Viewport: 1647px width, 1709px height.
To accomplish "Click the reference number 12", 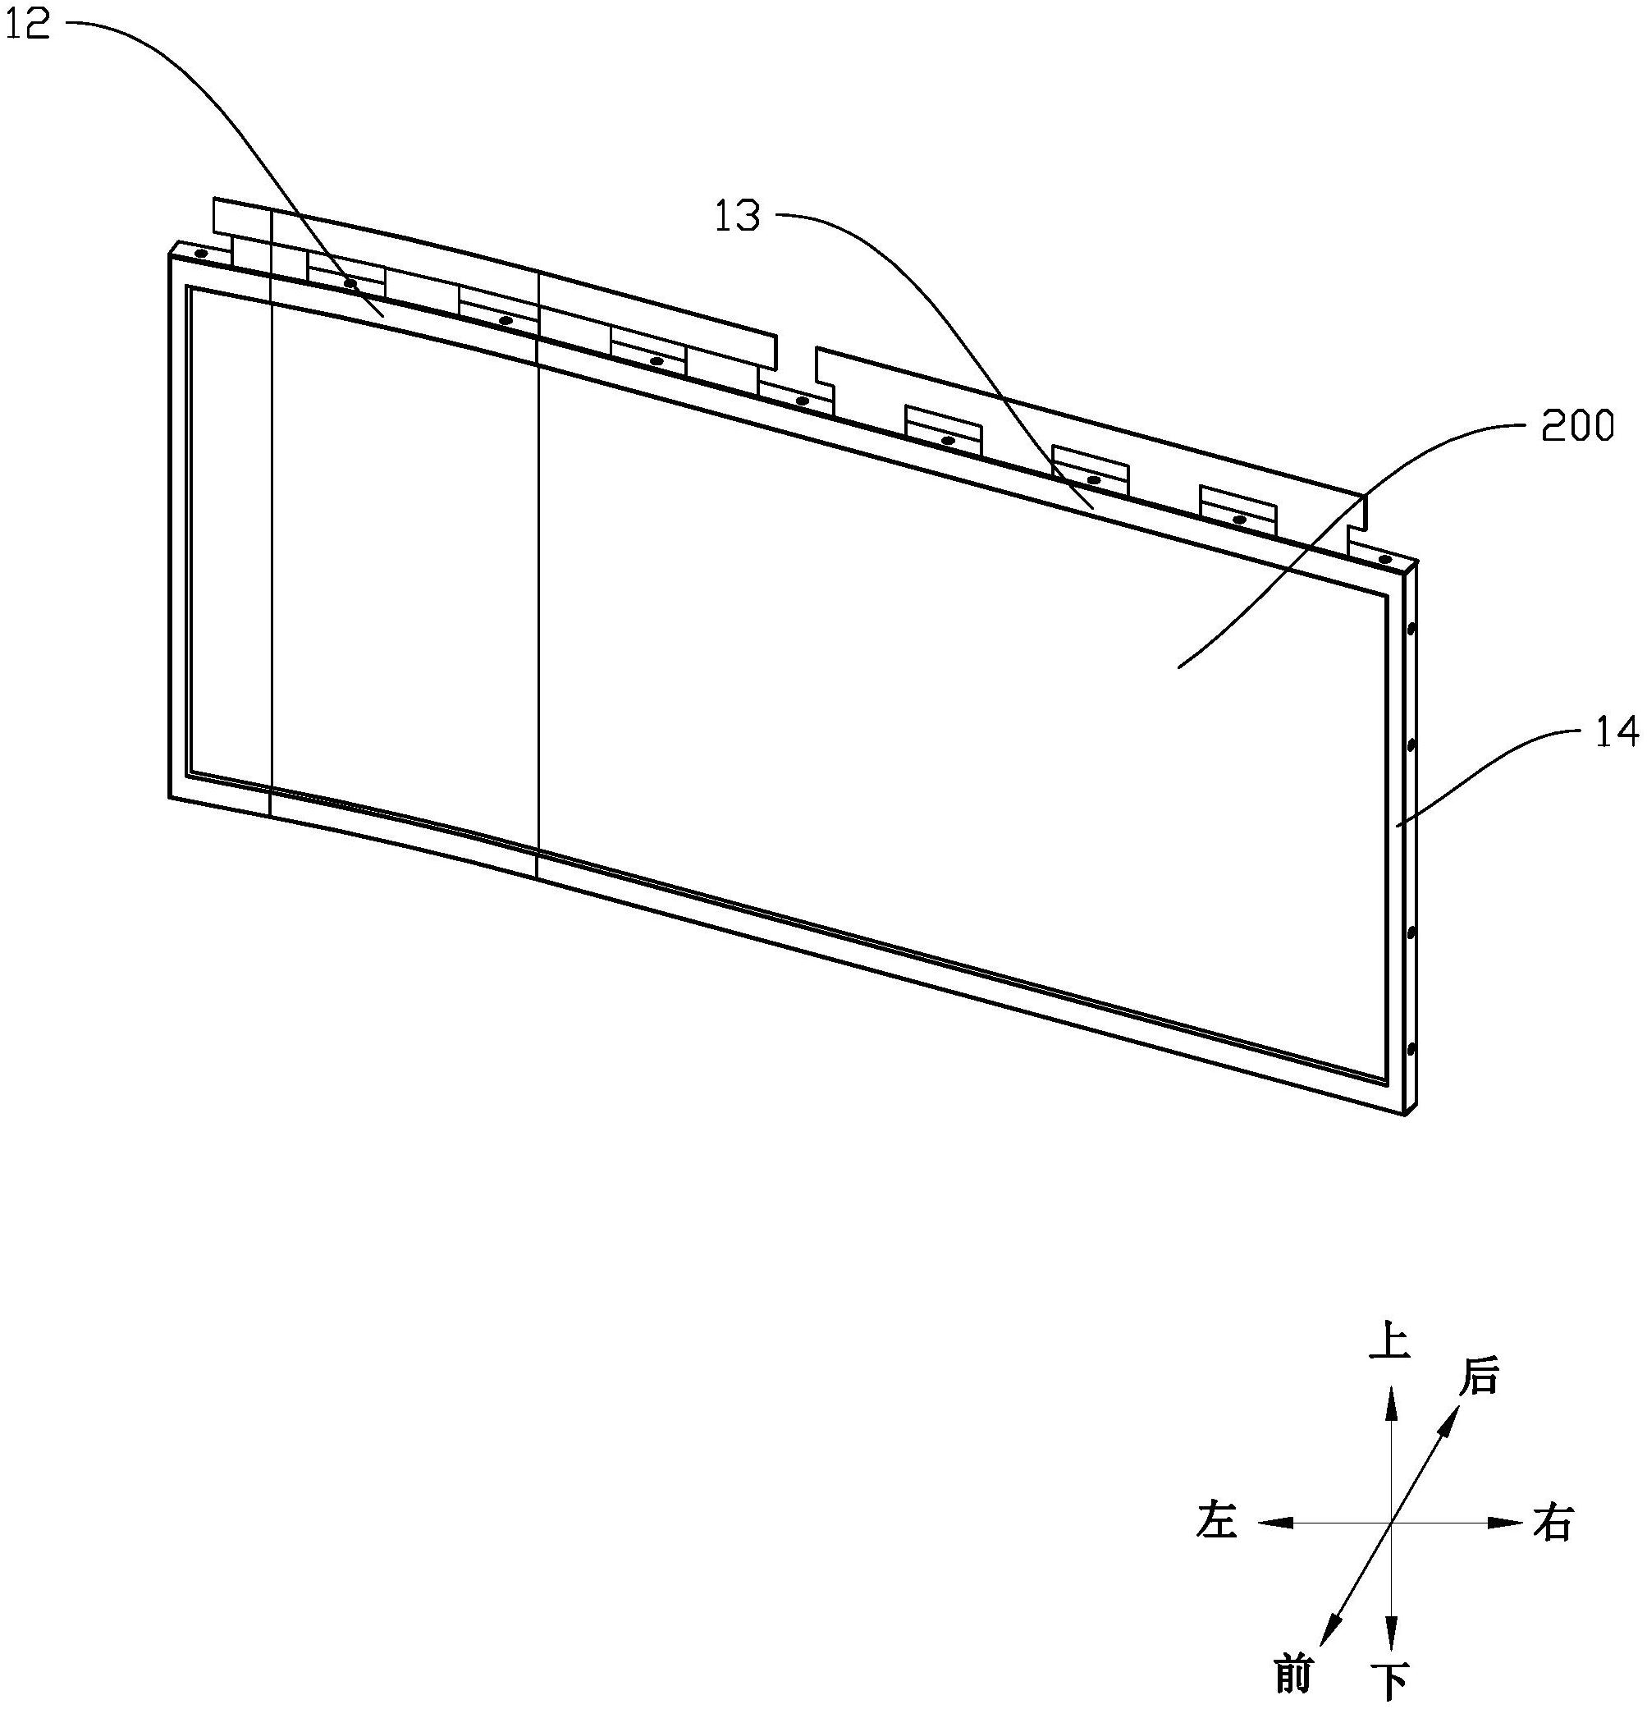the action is (29, 25).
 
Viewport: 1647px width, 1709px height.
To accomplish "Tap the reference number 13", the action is (738, 216).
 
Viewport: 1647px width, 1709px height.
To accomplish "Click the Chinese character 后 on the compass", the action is (1479, 1377).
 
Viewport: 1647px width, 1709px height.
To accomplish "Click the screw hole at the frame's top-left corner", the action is (200, 254).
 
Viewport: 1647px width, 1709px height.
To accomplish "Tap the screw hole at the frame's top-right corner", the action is (1384, 557).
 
